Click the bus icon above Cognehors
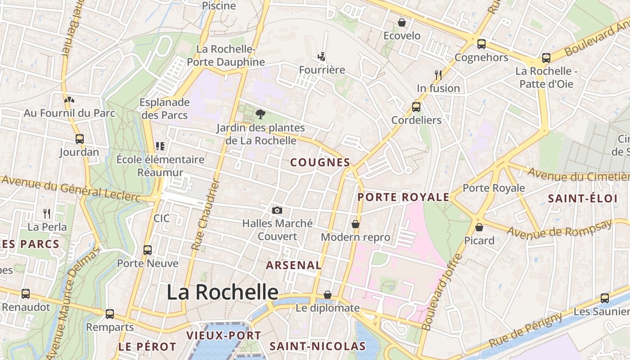pyautogui.click(x=481, y=44)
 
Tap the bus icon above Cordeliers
pyautogui.click(x=416, y=107)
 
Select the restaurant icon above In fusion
pyautogui.click(x=438, y=75)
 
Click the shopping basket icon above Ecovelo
pyautogui.click(x=402, y=22)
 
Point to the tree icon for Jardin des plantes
pyautogui.click(x=260, y=114)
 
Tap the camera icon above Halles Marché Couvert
pyautogui.click(x=277, y=210)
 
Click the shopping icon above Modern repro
pyautogui.click(x=355, y=224)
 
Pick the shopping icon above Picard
pyautogui.click(x=479, y=227)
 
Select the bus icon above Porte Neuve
pyautogui.click(x=148, y=250)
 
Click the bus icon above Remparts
pyautogui.click(x=110, y=314)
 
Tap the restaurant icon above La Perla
pyautogui.click(x=47, y=213)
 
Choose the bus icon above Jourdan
pyautogui.click(x=80, y=139)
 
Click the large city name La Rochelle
pyautogui.click(x=223, y=292)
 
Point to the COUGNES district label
pyautogui.click(x=320, y=162)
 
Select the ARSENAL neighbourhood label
pyautogui.click(x=294, y=265)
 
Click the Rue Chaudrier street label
pyautogui.click(x=205, y=215)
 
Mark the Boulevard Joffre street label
pyautogui.click(x=443, y=292)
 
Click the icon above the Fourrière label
pyautogui.click(x=322, y=57)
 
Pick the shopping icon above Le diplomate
pyautogui.click(x=328, y=295)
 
